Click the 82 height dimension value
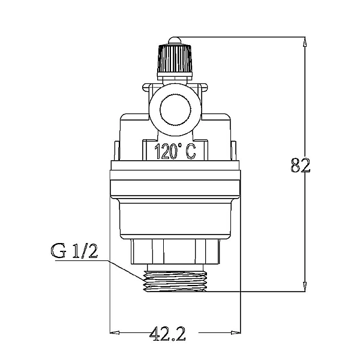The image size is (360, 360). (301, 165)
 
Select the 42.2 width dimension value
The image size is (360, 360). (167, 332)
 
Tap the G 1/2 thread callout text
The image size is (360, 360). (74, 251)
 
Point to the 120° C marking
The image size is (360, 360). (175, 152)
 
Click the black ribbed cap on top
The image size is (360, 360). (175, 62)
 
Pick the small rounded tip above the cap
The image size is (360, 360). (175, 41)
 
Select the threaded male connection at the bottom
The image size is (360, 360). (175, 281)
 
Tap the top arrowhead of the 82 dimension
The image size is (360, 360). (305, 42)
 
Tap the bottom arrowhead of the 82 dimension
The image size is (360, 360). (305, 286)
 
